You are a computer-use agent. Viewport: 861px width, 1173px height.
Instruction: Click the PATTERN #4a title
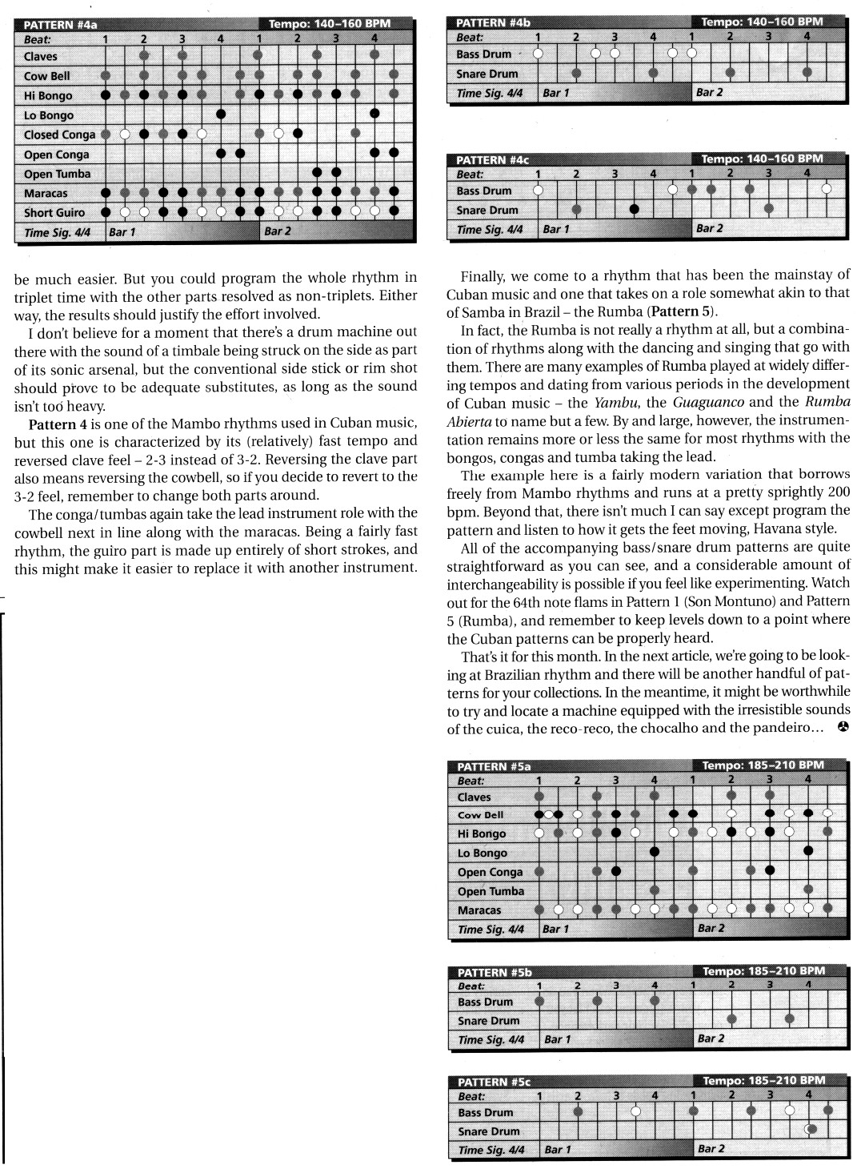pos(60,24)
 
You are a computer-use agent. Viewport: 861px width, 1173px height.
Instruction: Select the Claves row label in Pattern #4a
pos(41,57)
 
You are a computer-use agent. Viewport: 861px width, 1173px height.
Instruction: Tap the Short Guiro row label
pos(54,213)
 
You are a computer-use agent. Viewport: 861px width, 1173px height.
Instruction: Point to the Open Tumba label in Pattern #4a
pos(58,175)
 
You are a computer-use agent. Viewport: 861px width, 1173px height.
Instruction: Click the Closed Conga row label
pos(59,135)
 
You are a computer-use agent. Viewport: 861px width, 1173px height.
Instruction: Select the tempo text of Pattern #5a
pos(763,765)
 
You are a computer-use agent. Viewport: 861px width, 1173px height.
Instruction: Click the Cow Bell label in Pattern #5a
pos(481,815)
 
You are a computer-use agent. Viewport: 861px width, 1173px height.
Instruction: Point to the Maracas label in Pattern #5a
pos(479,910)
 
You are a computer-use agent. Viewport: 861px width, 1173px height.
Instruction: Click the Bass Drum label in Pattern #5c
pos(486,1113)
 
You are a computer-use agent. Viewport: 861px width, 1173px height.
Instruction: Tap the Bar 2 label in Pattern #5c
pos(711,1148)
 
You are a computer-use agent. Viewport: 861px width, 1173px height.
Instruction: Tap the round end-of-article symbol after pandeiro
pos(842,727)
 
